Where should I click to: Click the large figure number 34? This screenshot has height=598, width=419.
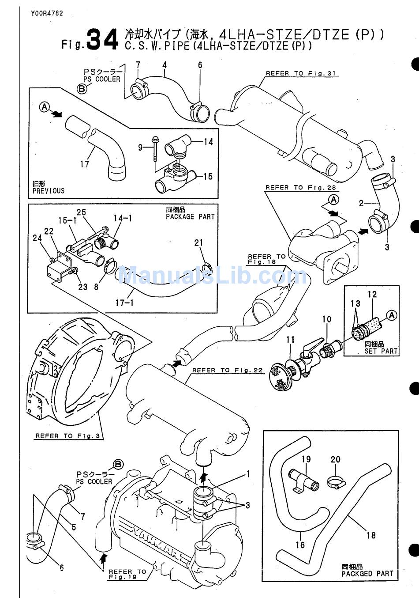(x=102, y=39)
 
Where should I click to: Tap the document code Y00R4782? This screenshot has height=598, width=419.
(x=47, y=13)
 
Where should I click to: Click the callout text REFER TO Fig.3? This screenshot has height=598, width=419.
(x=69, y=435)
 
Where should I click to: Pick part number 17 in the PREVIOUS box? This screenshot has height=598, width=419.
(x=85, y=164)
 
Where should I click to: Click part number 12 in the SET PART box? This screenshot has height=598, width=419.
(x=372, y=294)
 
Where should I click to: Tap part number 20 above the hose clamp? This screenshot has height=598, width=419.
(x=336, y=459)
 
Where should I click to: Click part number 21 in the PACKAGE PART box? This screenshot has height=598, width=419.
(x=199, y=242)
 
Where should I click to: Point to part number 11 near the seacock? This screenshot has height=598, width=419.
(x=290, y=340)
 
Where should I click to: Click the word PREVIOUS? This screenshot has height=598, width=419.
(x=48, y=191)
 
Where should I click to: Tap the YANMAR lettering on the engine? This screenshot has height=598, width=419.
(x=150, y=539)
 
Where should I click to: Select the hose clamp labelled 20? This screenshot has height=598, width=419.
(x=336, y=482)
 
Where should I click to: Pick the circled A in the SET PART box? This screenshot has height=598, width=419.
(x=391, y=314)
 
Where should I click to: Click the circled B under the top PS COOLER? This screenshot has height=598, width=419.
(x=82, y=89)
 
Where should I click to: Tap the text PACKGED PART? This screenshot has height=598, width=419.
(x=367, y=573)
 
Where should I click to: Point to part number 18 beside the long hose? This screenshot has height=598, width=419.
(x=371, y=535)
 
